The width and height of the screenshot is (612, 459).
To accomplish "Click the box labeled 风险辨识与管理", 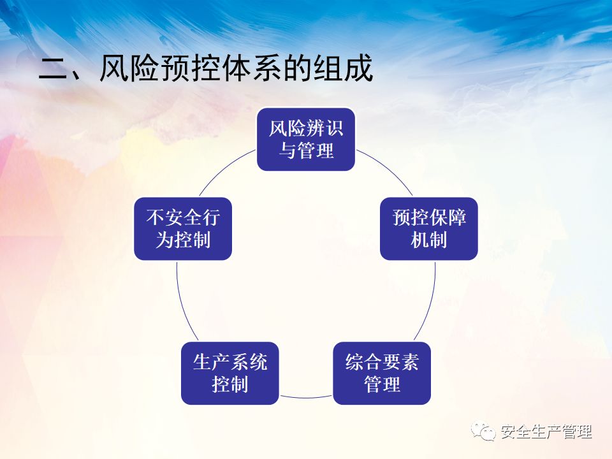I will (306, 140).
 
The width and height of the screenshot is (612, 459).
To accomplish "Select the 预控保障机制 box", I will (429, 228).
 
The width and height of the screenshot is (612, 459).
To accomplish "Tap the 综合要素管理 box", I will (382, 373).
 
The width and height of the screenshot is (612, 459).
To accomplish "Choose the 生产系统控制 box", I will (230, 373).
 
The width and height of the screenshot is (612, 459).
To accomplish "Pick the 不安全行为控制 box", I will (183, 228).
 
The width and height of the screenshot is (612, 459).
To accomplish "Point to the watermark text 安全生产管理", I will (546, 432).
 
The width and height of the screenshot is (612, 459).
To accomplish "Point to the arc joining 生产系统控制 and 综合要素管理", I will (306, 397).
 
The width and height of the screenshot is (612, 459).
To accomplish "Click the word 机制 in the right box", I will (429, 240).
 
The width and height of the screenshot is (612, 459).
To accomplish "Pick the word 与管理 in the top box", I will (306, 152).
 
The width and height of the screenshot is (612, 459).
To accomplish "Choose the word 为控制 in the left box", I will (183, 240).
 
